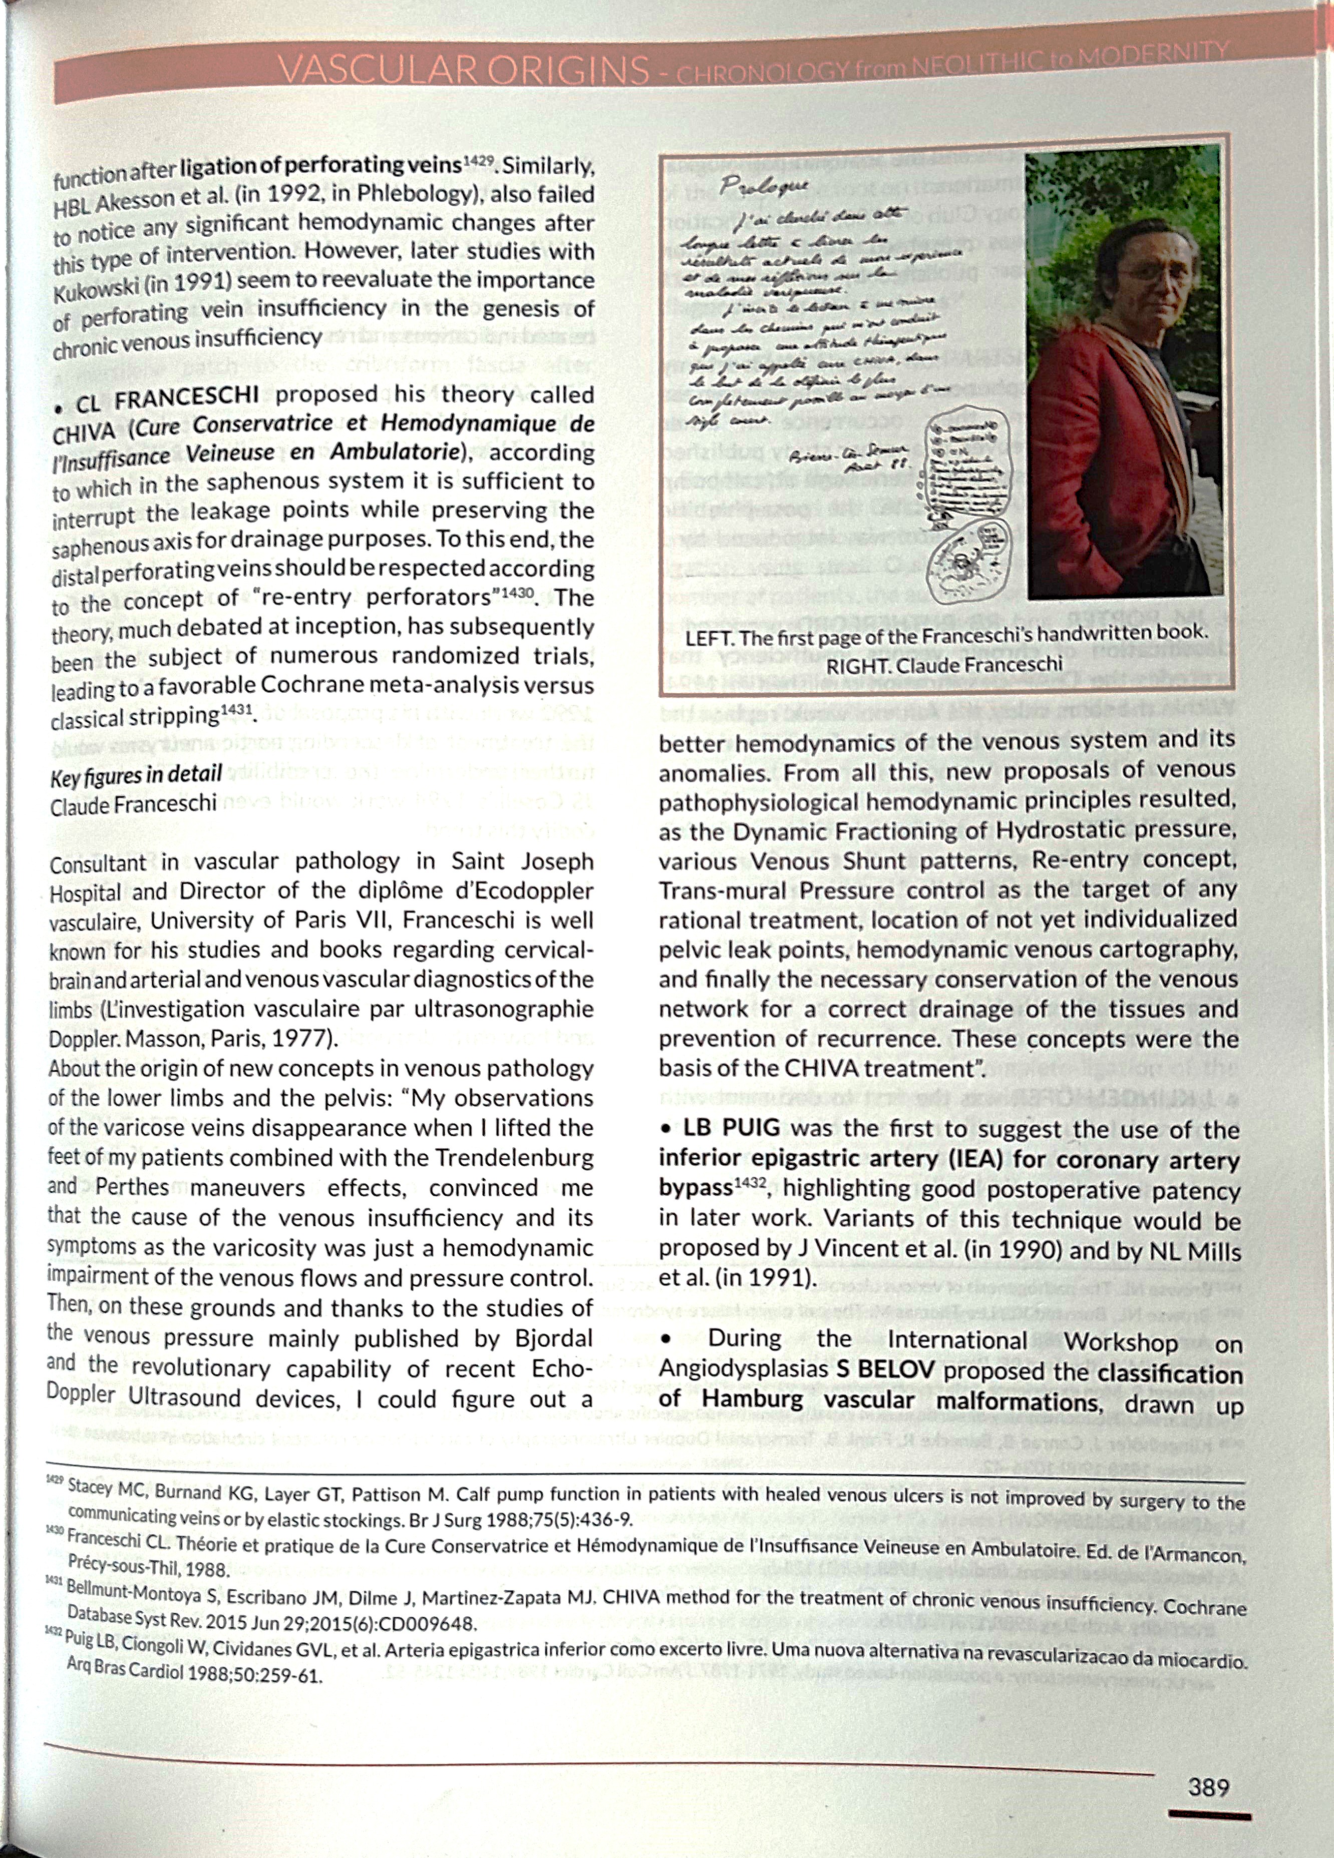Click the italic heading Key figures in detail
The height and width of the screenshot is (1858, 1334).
point(136,775)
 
